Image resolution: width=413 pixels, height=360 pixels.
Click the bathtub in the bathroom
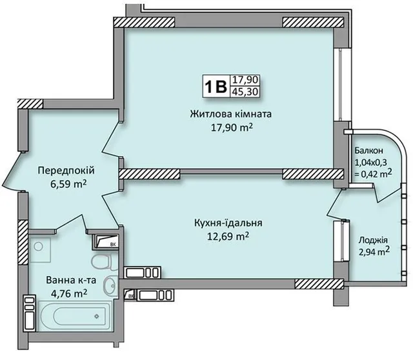pos(75,315)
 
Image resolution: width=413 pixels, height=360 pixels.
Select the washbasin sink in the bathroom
pos(110,286)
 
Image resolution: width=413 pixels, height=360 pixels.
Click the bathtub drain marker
pos(97,316)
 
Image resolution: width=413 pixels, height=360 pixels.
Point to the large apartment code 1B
pos(216,86)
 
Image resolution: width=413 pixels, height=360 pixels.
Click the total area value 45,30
pos(245,92)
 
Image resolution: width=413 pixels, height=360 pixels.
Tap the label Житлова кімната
pos(231,114)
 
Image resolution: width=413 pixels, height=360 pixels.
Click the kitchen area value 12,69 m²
pos(228,237)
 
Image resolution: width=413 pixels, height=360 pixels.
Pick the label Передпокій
pos(66,171)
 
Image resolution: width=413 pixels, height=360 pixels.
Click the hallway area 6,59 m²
pos(68,184)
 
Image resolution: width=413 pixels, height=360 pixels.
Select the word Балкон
pos(368,150)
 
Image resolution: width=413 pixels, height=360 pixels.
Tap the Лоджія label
pos(373,241)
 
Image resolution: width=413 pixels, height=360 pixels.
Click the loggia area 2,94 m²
pos(374,252)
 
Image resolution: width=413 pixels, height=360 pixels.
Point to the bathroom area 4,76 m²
pos(70,293)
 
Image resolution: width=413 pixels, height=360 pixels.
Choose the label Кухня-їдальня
pos(228,223)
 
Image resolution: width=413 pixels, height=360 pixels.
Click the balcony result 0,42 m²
pos(373,174)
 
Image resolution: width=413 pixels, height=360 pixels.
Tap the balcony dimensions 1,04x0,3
pos(371,162)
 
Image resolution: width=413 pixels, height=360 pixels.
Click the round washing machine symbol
pos(39,246)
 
